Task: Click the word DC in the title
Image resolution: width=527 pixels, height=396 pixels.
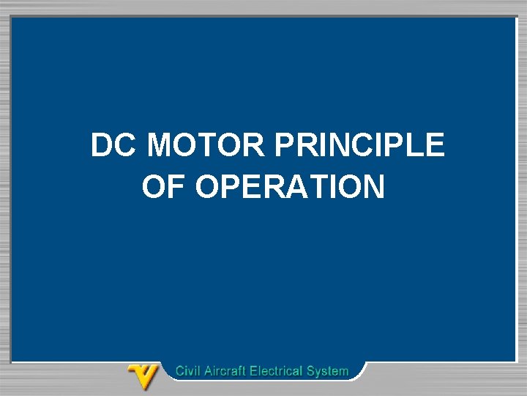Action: point(113,145)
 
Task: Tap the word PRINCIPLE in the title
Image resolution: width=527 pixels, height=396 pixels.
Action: point(359,145)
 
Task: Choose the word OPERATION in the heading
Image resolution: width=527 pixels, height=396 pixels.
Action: point(291,187)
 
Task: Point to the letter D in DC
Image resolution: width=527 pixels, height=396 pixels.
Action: point(103,145)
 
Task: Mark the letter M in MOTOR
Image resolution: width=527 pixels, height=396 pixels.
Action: point(160,145)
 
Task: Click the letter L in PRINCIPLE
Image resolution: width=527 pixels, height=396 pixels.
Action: point(416,145)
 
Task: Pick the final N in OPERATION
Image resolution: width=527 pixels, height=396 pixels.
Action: point(372,187)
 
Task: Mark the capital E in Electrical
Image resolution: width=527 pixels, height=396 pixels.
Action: point(254,371)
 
